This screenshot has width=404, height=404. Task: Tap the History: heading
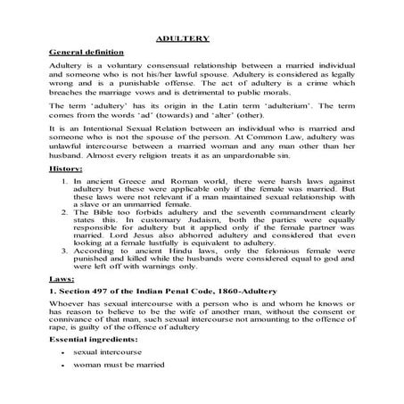(67, 193)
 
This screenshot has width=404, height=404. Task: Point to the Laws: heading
(62, 304)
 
